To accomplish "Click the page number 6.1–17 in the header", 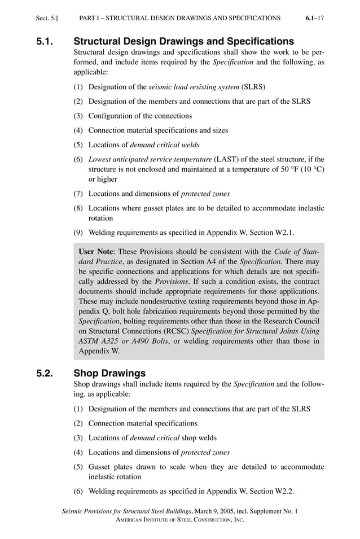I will tap(314, 18).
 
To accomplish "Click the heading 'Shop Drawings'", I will tap(109, 373).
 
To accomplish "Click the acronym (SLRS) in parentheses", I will tap(253, 87).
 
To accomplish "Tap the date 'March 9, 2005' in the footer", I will tap(214, 511).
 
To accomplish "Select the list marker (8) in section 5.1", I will tap(79, 208).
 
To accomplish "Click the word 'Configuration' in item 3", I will tap(112, 116).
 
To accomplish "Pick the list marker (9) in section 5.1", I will tap(79, 231).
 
